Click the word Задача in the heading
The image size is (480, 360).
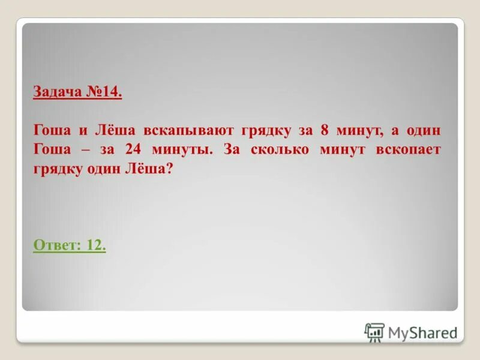(56, 94)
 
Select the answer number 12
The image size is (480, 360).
(96, 245)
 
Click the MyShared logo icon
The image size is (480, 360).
(374, 332)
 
